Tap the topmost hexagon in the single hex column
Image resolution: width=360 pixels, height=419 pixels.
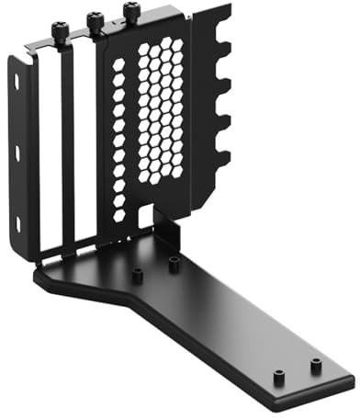[118, 65]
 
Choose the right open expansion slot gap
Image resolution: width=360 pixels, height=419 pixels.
[84, 147]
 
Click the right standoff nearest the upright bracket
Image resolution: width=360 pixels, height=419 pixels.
[174, 264]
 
